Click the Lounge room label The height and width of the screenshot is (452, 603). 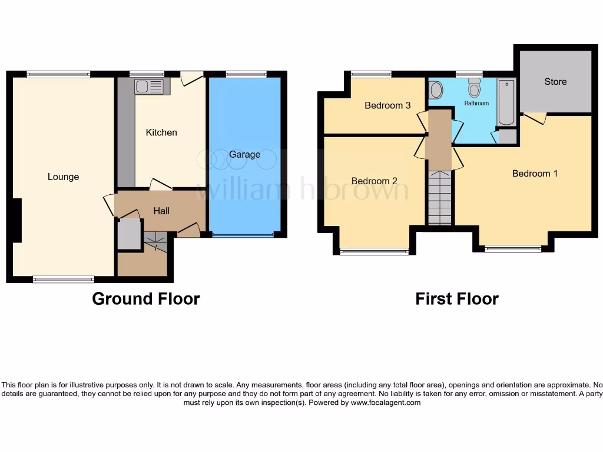63,177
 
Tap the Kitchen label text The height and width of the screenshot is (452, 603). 161,132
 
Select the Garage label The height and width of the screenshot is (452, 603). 245,154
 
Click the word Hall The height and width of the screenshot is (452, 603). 161,210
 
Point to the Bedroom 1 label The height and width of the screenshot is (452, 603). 535,174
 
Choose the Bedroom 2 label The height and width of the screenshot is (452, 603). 375,181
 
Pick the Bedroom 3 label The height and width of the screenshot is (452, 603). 387,105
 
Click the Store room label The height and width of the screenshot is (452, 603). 555,81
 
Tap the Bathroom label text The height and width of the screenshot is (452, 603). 476,104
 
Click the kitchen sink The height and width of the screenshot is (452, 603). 151,87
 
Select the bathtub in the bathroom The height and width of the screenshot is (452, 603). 506,102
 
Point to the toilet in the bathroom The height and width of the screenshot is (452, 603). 475,89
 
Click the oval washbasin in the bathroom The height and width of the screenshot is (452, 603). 436,89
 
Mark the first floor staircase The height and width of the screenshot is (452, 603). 440,197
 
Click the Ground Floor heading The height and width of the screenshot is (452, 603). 146,299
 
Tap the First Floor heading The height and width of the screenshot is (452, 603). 457,299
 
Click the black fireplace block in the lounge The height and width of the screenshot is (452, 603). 16,220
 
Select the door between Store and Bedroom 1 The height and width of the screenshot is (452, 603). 535,118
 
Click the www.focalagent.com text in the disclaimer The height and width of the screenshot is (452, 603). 386,403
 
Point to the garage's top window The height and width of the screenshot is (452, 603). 246,74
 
